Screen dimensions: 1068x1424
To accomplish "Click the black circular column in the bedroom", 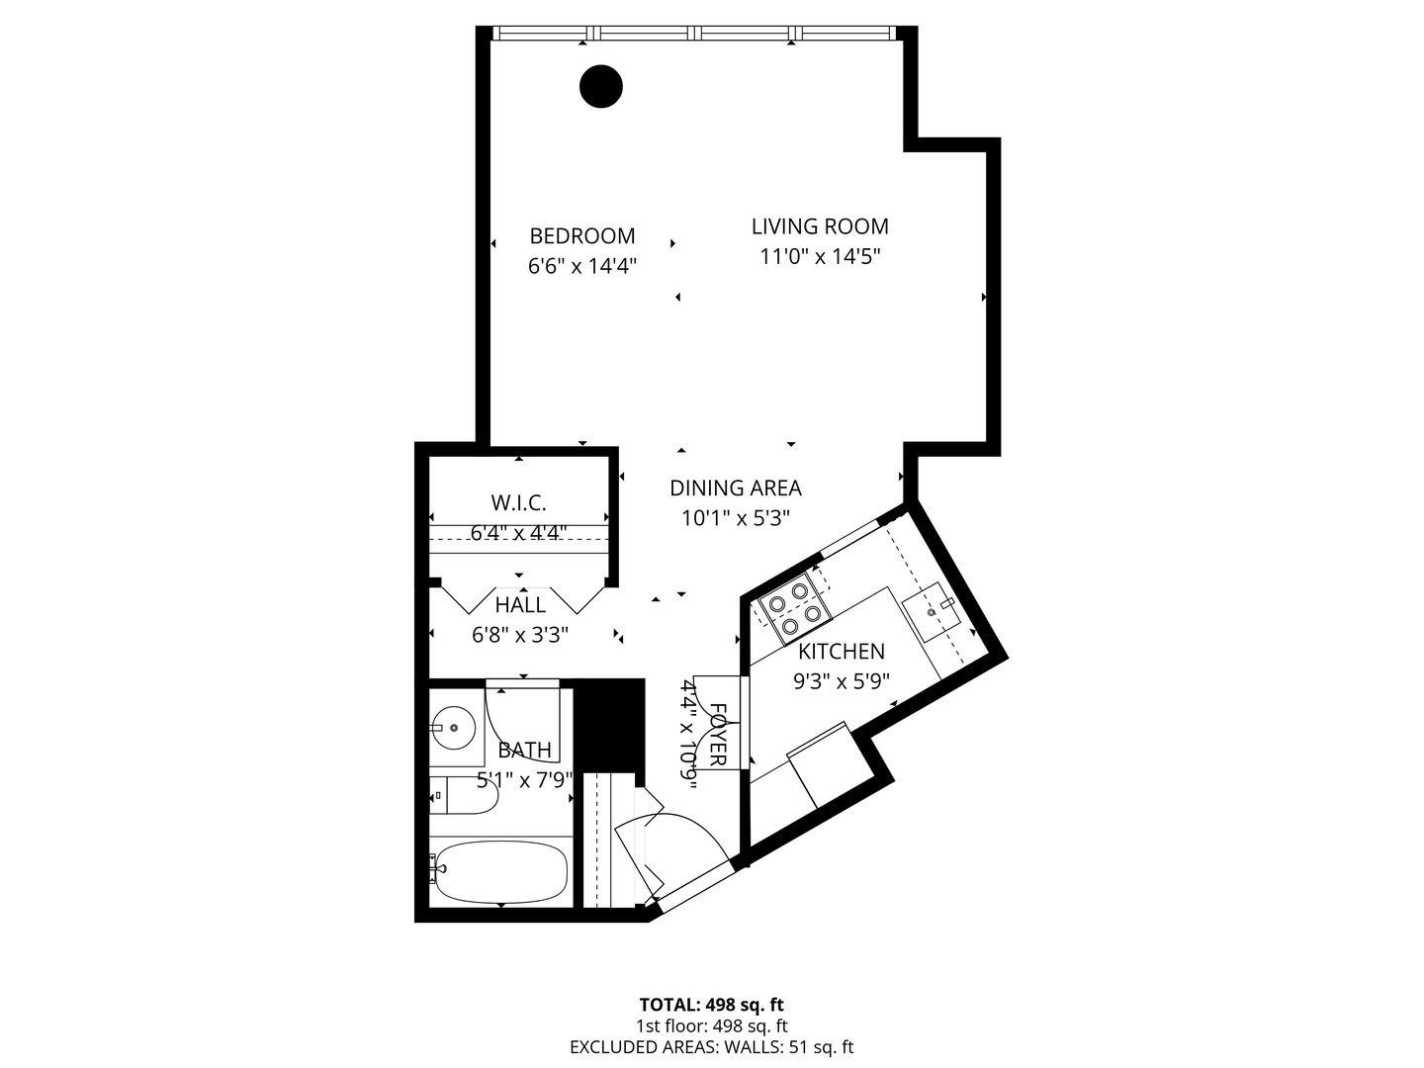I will pos(600,86).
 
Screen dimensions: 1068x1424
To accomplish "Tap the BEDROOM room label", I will pos(581,236).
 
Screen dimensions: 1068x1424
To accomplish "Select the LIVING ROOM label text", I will pos(820,226).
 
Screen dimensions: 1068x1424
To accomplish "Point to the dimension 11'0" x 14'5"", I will pos(820,257).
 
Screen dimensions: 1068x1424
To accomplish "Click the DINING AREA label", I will pos(736,488).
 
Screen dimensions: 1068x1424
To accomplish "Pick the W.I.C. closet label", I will pos(518,502).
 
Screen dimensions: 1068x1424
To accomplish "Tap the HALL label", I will pos(520,605).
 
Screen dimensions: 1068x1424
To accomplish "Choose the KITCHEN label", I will pos(842,652).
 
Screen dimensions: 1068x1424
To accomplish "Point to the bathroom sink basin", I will pos(454,728).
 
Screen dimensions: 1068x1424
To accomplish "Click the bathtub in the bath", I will pos(500,871).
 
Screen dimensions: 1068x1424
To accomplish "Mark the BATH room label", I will pos(524,751).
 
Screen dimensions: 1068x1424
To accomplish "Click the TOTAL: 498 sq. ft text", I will pos(712,1006).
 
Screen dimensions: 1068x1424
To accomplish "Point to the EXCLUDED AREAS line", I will pos(712,1047).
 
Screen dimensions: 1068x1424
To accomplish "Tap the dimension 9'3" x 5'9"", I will pos(842,681).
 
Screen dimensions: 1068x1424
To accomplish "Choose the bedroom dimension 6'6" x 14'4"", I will pos(581,266).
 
